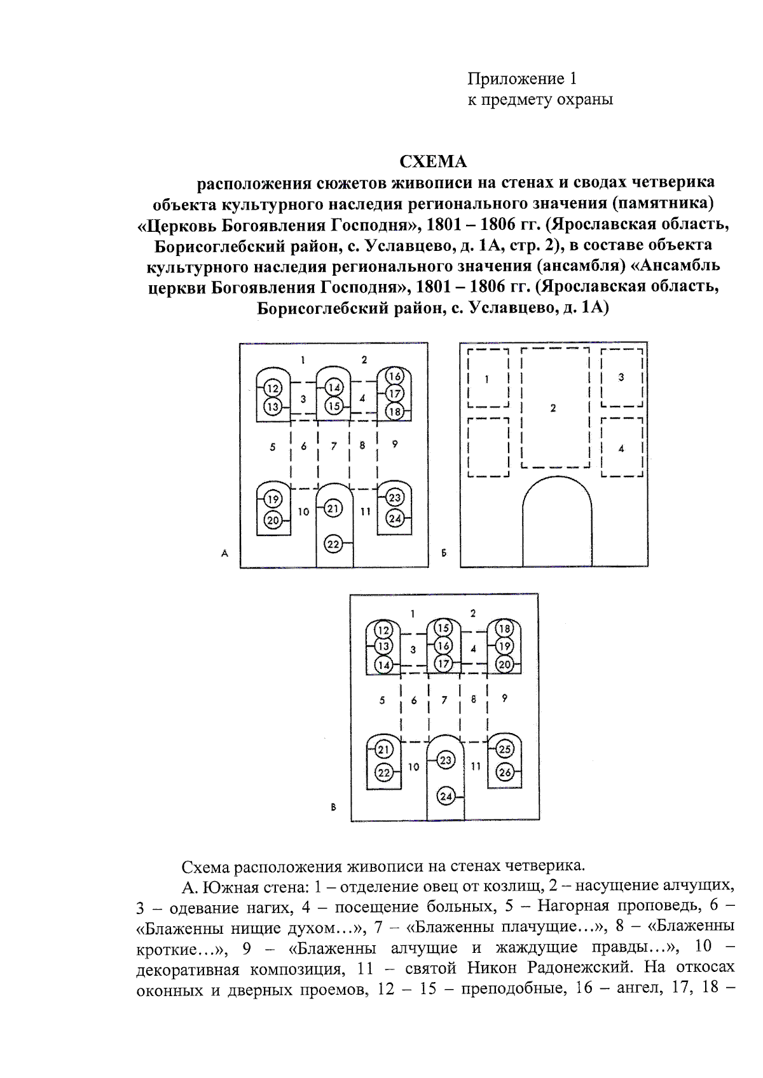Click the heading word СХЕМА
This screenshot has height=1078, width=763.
[432, 161]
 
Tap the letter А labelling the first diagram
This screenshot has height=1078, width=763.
[224, 553]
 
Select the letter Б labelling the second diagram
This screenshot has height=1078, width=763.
[444, 553]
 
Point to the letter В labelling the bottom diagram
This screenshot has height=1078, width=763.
[334, 807]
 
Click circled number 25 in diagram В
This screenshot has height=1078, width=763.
[505, 749]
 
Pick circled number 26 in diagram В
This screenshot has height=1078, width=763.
[505, 772]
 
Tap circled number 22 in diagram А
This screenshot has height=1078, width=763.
[334, 543]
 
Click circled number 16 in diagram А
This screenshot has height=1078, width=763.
[394, 376]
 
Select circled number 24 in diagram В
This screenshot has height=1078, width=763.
[446, 796]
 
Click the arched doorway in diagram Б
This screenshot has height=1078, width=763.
[556, 527]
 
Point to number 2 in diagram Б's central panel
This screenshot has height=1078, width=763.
[553, 408]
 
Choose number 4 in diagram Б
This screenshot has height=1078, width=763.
[621, 449]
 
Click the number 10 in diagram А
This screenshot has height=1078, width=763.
[303, 511]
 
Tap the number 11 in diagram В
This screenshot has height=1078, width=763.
[476, 766]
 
